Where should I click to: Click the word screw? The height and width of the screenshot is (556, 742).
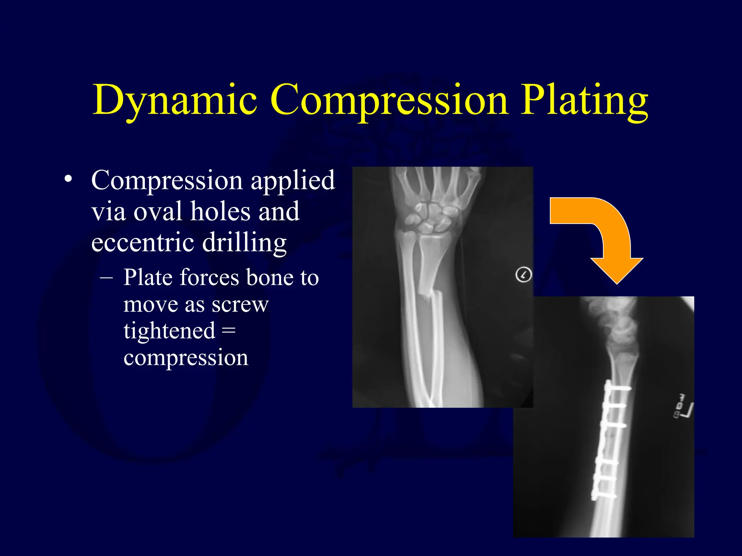click(x=240, y=304)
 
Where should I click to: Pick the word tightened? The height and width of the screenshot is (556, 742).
click(x=169, y=331)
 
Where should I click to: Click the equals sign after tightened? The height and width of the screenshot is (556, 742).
click(x=228, y=330)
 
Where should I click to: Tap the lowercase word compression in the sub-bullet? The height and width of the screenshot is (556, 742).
click(x=185, y=358)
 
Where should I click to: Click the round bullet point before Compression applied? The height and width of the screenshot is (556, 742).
click(x=68, y=179)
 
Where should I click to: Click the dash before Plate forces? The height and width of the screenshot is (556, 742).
click(x=106, y=278)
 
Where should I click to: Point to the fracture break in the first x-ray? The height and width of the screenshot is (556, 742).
click(x=428, y=293)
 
